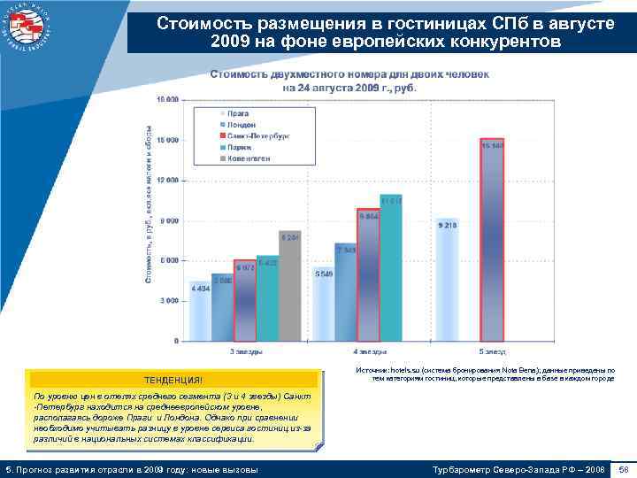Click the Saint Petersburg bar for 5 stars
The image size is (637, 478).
(492, 239)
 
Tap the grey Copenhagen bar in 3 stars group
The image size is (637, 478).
(289, 285)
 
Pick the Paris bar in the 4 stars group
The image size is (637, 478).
(390, 267)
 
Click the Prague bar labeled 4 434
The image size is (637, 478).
(201, 311)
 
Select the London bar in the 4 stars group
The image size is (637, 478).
(346, 291)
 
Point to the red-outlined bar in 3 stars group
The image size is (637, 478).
(245, 300)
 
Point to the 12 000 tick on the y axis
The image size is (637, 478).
(165, 180)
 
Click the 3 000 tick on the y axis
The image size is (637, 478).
(168, 300)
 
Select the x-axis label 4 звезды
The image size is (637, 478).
(368, 351)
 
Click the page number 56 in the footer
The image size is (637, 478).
(623, 467)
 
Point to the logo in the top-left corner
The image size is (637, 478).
(27, 27)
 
